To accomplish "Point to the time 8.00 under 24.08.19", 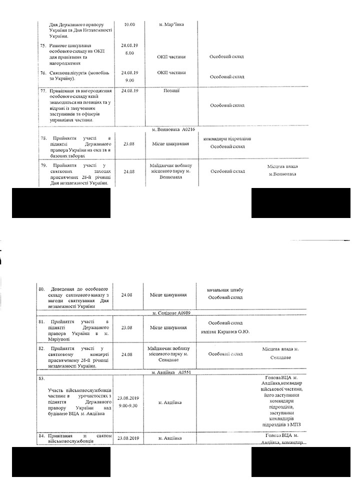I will point(129,53).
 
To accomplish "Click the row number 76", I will point(42,73).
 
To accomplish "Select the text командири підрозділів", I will point(227,138).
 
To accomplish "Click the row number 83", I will point(42,378).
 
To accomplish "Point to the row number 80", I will point(42,289).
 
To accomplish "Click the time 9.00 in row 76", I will point(129,80).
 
